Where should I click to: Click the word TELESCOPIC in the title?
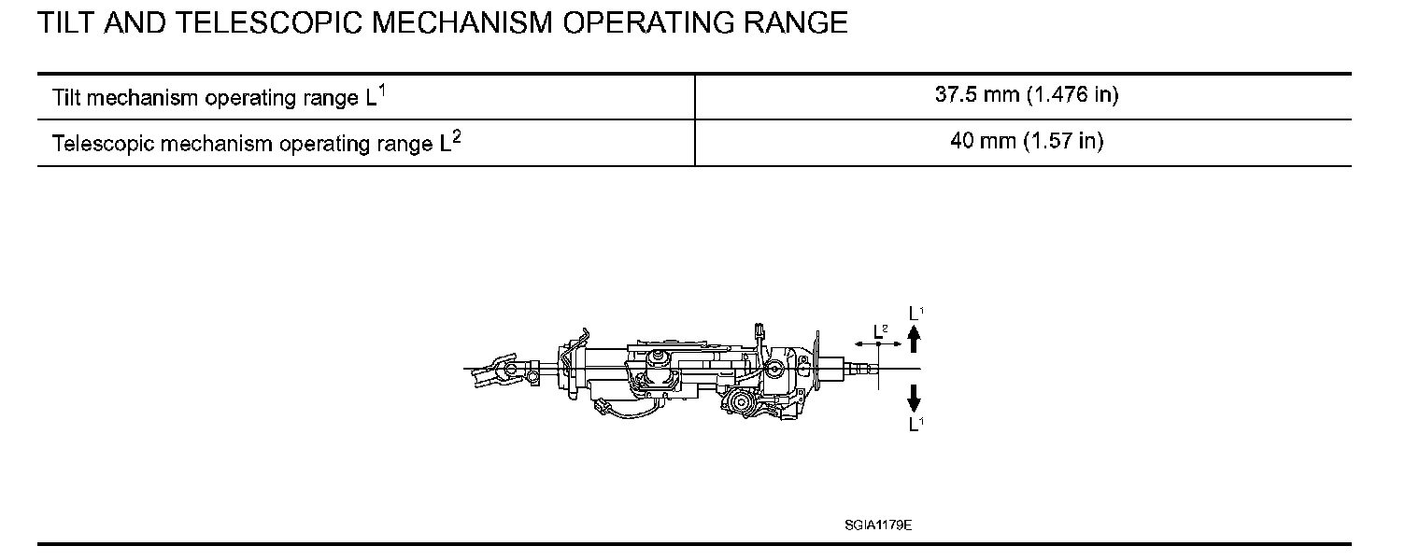click(268, 22)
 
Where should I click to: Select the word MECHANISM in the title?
click(461, 22)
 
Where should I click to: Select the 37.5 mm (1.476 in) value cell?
click(1027, 94)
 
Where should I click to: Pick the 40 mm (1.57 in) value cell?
click(1027, 141)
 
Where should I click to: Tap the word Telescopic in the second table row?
click(103, 144)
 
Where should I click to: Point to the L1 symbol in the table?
click(376, 95)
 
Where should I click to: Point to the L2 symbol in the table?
click(450, 141)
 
